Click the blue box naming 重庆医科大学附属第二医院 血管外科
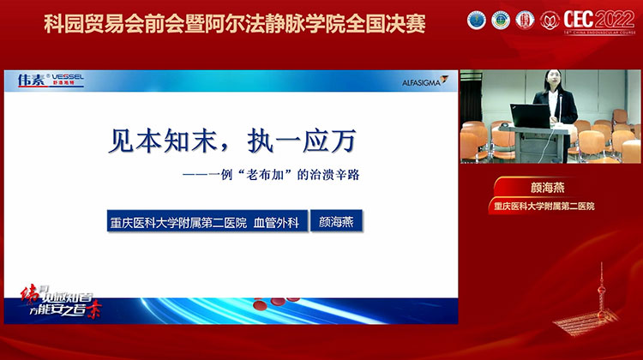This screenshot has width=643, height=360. [x=204, y=219]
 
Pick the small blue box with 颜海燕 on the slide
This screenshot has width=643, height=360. [x=336, y=219]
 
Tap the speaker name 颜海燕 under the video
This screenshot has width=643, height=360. [x=550, y=189]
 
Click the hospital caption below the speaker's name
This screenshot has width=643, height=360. [x=550, y=207]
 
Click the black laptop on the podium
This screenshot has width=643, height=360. [x=528, y=115]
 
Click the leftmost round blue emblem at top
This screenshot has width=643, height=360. [x=476, y=19]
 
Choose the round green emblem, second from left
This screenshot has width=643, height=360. [x=500, y=19]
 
